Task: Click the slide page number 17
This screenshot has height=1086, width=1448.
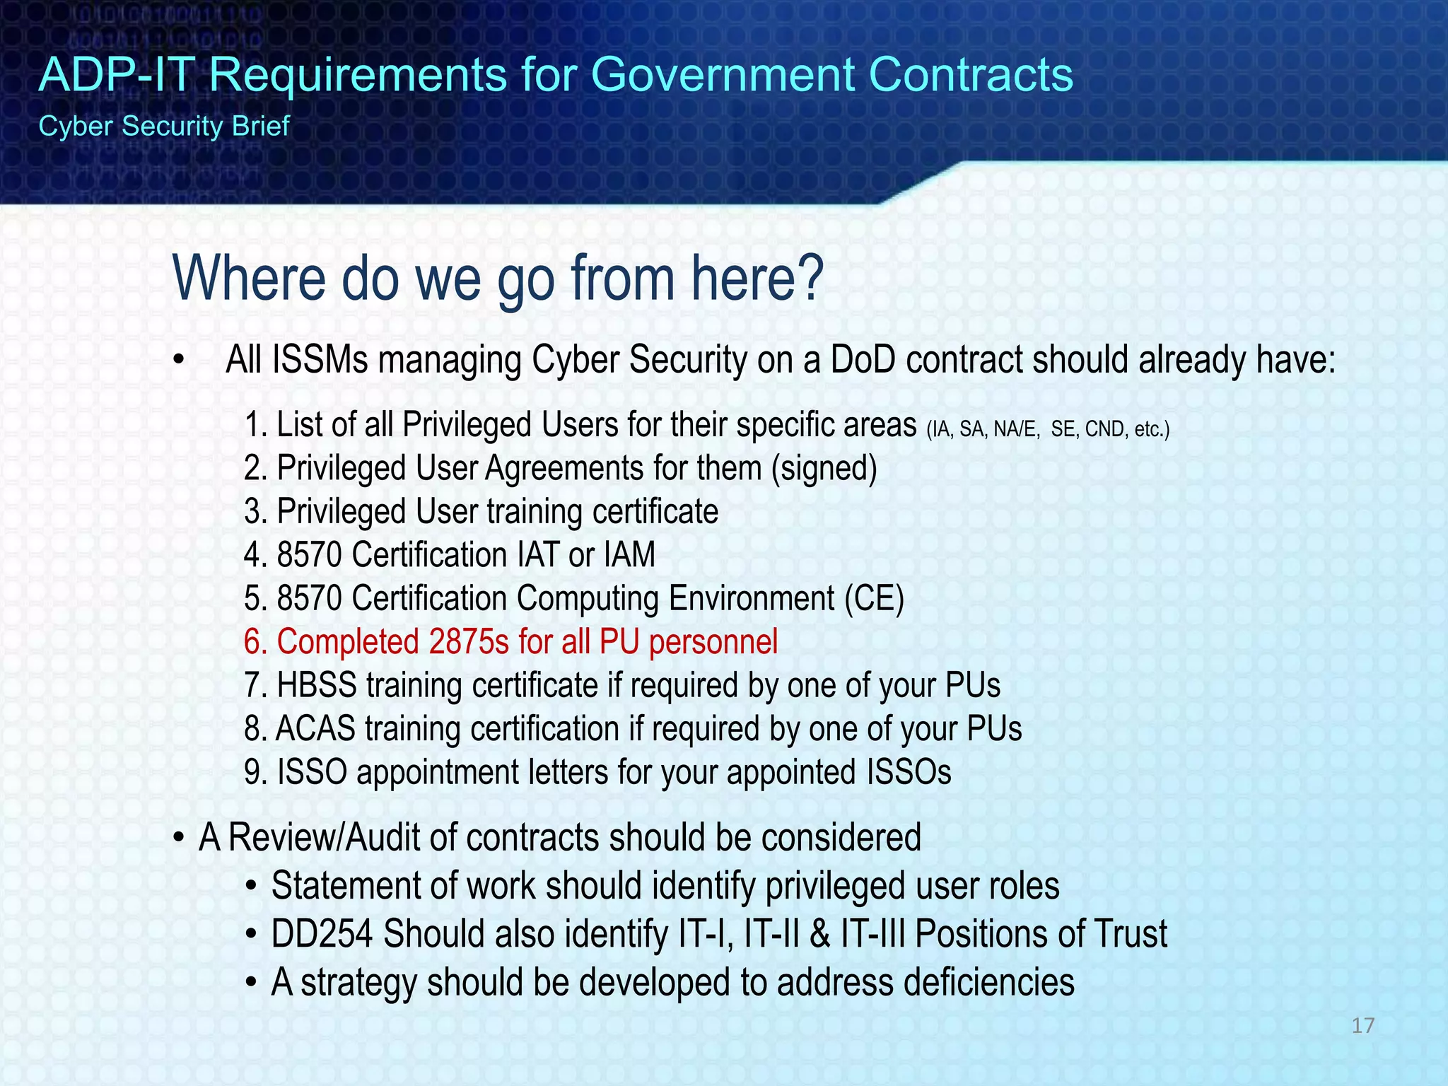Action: point(1362,1025)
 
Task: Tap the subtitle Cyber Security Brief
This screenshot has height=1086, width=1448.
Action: point(164,127)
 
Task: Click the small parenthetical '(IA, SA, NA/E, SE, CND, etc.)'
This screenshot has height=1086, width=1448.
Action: point(1048,429)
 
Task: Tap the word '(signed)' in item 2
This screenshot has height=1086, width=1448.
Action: point(824,469)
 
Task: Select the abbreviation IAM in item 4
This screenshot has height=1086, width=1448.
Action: point(629,555)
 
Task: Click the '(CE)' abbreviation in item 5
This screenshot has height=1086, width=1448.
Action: point(874,599)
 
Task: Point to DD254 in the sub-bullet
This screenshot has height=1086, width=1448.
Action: point(322,934)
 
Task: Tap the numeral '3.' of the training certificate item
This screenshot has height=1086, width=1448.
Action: point(255,512)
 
